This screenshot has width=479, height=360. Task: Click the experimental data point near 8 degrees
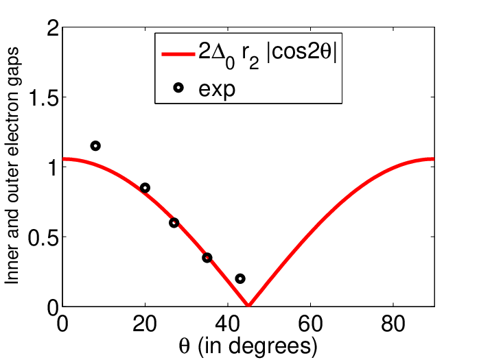[95, 146]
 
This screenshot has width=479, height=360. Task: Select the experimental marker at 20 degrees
[145, 188]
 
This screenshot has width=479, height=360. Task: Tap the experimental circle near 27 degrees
[174, 223]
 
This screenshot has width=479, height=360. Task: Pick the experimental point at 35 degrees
[207, 258]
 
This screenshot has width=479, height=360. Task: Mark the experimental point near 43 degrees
[240, 278]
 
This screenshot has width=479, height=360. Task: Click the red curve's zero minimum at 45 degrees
[248, 305]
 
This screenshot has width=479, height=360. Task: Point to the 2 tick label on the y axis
[53, 30]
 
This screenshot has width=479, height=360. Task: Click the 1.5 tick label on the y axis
[43, 98]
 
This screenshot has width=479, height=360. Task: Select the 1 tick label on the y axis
[54, 167]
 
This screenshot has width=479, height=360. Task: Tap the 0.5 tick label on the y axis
[43, 237]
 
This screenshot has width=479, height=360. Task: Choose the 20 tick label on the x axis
[145, 324]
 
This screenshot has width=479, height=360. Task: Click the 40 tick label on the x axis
[228, 324]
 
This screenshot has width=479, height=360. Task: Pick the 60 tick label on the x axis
[310, 324]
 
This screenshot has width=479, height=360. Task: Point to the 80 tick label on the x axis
[393, 324]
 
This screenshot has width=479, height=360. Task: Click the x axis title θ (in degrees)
[248, 346]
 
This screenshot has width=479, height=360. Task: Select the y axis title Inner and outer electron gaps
[12, 166]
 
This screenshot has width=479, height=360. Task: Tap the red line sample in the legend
[178, 54]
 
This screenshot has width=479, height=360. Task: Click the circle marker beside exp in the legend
[178, 88]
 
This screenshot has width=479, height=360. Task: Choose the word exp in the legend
[217, 90]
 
